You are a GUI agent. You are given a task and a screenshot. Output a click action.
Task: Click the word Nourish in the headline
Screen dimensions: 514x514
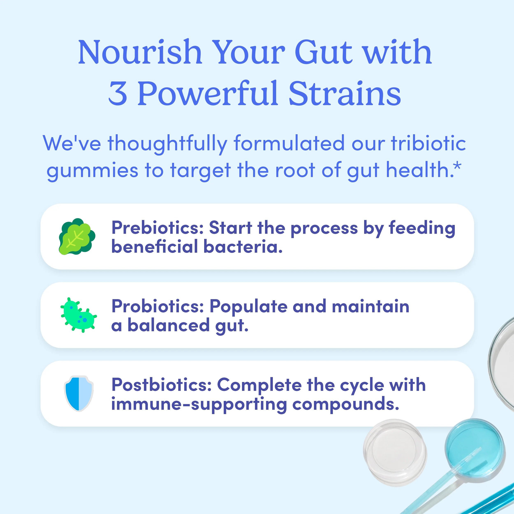point(140,52)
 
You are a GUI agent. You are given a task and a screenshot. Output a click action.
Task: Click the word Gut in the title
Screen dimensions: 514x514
point(323,52)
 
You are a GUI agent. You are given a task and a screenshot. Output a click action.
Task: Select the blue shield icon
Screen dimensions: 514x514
point(79,394)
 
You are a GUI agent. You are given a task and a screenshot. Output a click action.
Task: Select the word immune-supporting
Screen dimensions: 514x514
point(199,404)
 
